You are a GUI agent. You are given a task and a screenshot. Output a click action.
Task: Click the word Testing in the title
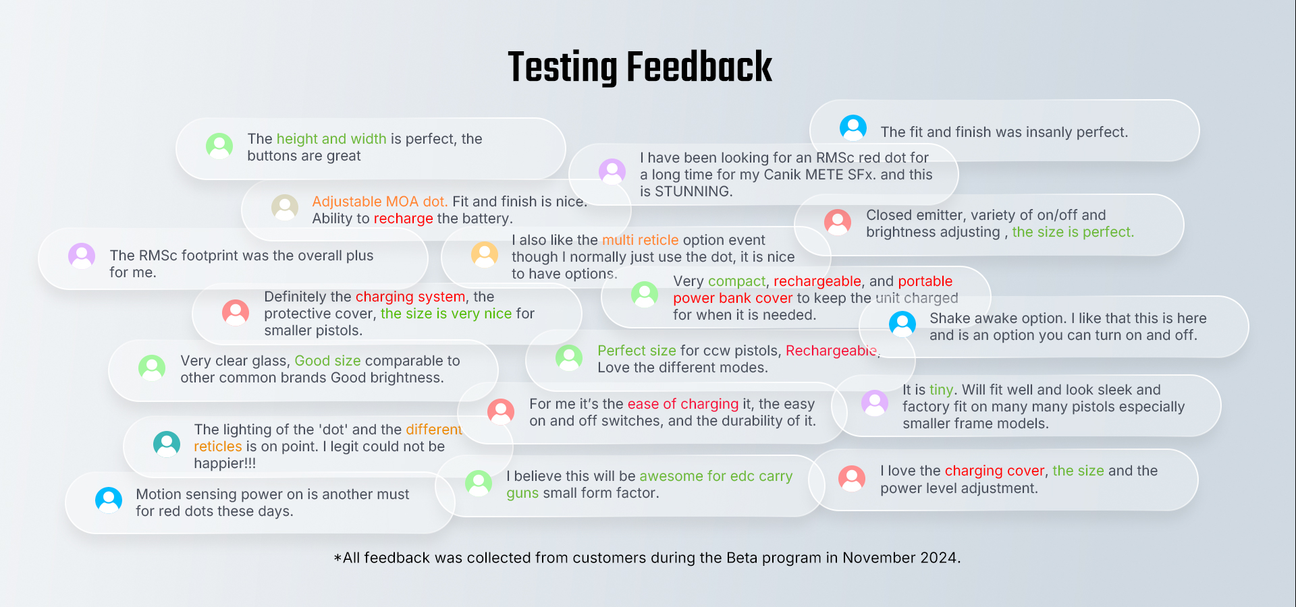(562, 67)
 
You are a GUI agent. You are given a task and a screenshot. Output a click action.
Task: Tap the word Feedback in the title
(699, 67)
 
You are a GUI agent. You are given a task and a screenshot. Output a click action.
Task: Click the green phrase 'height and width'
(331, 139)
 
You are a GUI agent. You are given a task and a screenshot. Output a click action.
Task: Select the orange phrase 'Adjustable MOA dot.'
(379, 202)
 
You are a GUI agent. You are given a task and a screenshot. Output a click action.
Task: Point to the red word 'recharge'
(404, 219)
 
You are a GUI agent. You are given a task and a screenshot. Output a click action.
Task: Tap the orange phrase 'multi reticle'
(640, 240)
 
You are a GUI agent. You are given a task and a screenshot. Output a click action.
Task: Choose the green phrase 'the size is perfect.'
(1073, 232)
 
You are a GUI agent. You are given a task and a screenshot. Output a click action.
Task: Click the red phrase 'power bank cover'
(732, 298)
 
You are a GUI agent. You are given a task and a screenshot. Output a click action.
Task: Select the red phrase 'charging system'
(410, 297)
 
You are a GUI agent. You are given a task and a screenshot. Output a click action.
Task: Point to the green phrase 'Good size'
(327, 361)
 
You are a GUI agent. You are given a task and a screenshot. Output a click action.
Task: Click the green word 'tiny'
(941, 390)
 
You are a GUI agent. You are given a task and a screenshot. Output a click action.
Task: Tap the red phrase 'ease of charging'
(683, 404)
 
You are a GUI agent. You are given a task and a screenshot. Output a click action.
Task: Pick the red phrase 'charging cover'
(994, 471)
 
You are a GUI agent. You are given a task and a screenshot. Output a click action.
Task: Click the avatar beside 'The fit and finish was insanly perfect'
(853, 127)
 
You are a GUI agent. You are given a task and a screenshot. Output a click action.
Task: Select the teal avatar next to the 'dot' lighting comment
(167, 444)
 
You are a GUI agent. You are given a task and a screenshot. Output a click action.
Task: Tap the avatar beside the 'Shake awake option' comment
(902, 324)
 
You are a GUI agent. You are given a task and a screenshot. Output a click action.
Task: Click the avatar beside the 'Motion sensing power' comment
(109, 500)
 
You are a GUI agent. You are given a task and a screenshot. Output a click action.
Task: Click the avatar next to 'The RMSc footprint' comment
(82, 256)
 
